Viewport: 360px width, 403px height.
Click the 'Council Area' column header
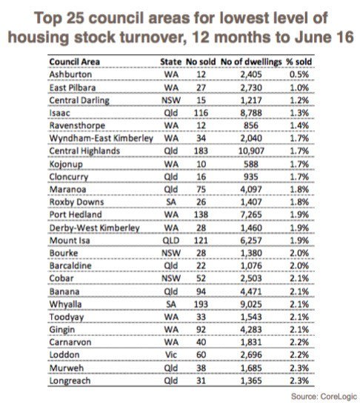coord(75,61)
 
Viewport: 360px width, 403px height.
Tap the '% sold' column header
coord(299,61)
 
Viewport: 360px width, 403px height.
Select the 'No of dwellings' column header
coord(251,62)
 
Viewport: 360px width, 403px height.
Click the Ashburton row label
coord(70,75)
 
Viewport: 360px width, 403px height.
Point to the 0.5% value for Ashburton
coord(299,75)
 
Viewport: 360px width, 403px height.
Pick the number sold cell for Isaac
coord(201,113)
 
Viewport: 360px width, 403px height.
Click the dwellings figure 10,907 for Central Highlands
coord(251,151)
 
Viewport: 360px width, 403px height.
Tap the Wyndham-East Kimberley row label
coord(101,139)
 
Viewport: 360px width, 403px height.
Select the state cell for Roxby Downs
coord(171,202)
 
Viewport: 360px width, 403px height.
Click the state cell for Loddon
coord(171,355)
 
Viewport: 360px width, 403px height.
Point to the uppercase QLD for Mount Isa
coord(171,241)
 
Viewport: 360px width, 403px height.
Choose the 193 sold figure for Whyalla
coord(201,304)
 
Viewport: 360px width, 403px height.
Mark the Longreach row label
coord(70,381)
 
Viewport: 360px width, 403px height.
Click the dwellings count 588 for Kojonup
coord(251,164)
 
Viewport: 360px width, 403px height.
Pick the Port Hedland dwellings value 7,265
coord(251,215)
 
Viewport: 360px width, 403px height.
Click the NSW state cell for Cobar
coord(171,279)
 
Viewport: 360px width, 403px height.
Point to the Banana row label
coord(64,292)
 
